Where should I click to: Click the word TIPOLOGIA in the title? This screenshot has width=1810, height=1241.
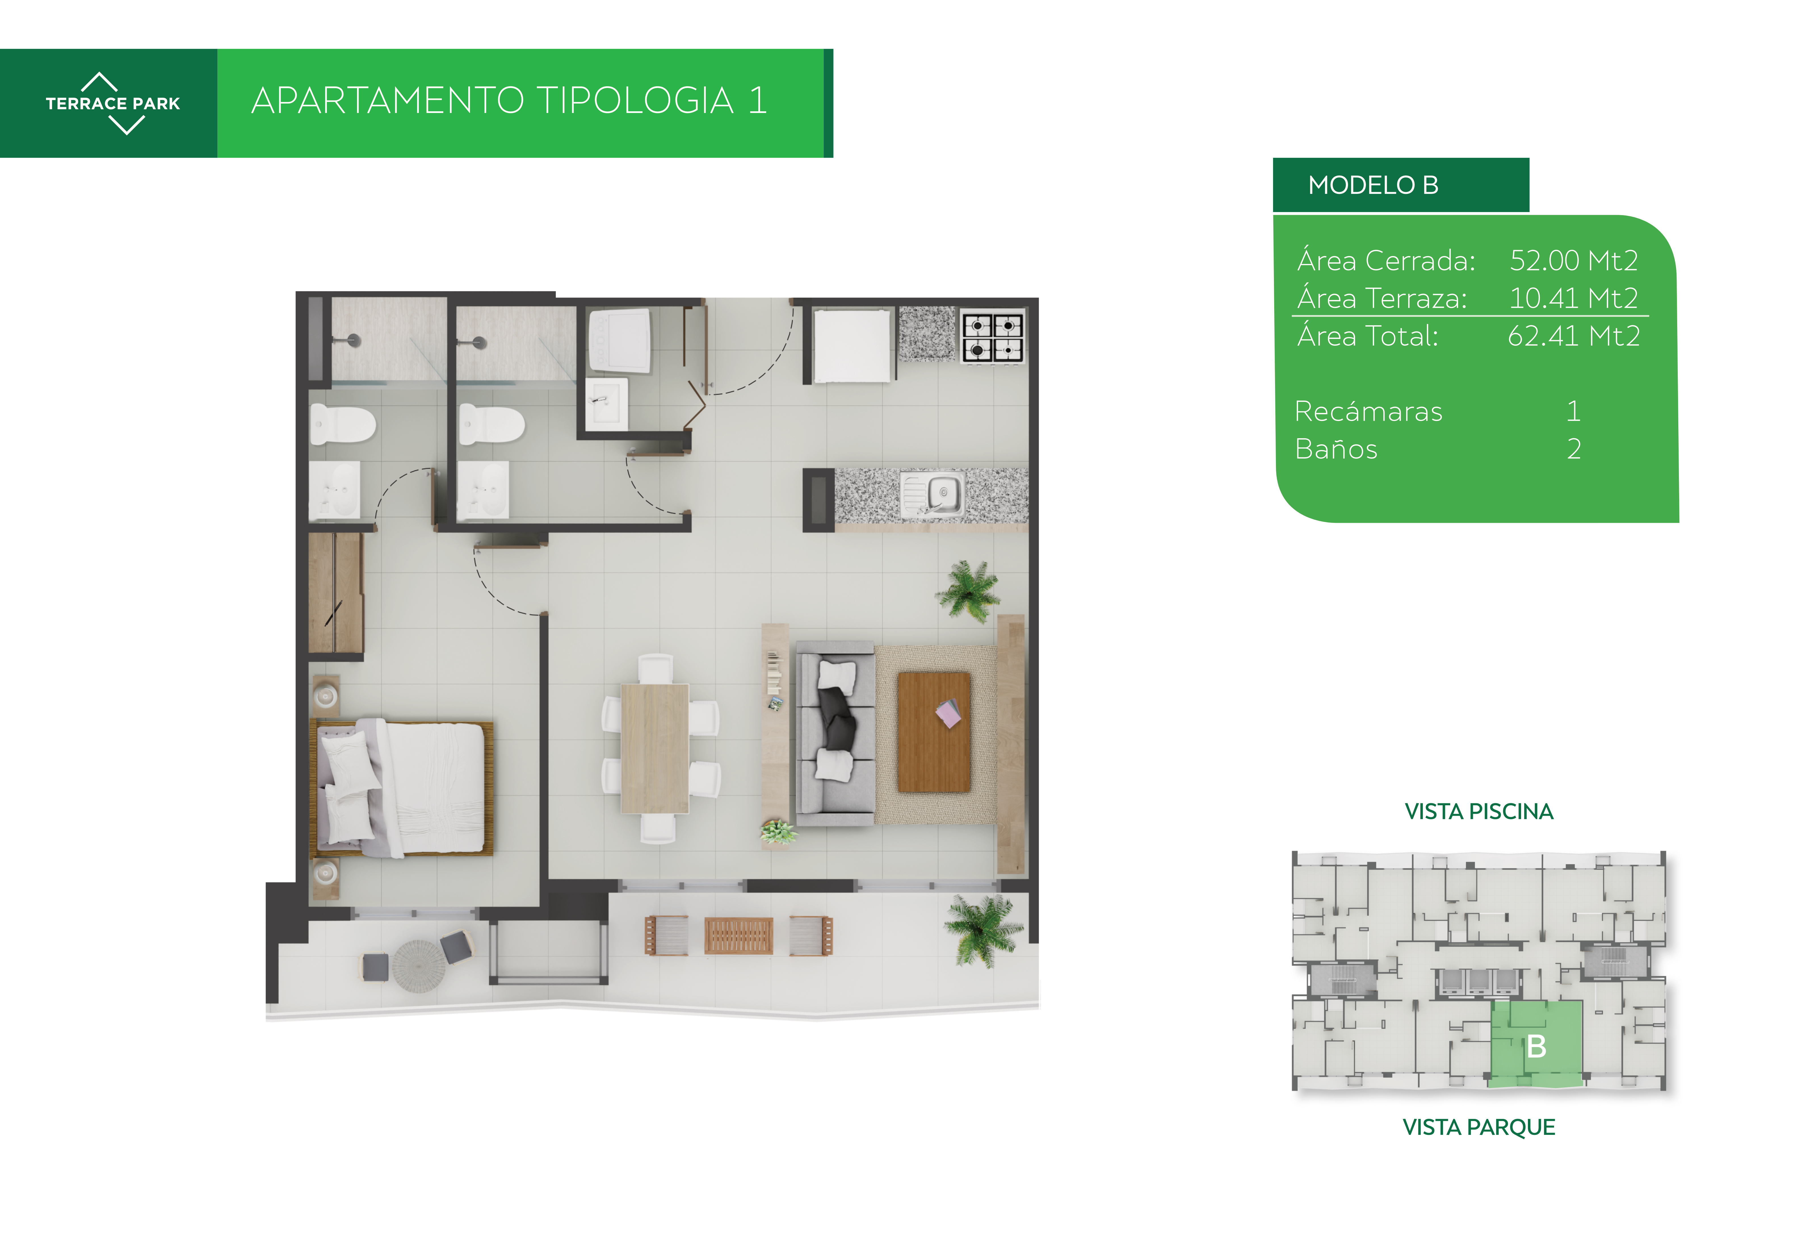635,100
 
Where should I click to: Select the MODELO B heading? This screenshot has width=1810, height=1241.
1373,185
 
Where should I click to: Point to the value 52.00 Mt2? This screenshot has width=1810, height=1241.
1573,260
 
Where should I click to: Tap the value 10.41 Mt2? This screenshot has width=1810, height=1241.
1573,297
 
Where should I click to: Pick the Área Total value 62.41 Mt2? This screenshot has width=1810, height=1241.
1573,336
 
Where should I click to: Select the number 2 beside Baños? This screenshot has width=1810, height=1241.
1574,449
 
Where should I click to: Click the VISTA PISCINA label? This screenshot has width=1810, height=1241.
1478,812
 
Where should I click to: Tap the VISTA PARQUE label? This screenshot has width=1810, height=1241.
1478,1127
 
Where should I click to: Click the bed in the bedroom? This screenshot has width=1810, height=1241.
402,788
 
